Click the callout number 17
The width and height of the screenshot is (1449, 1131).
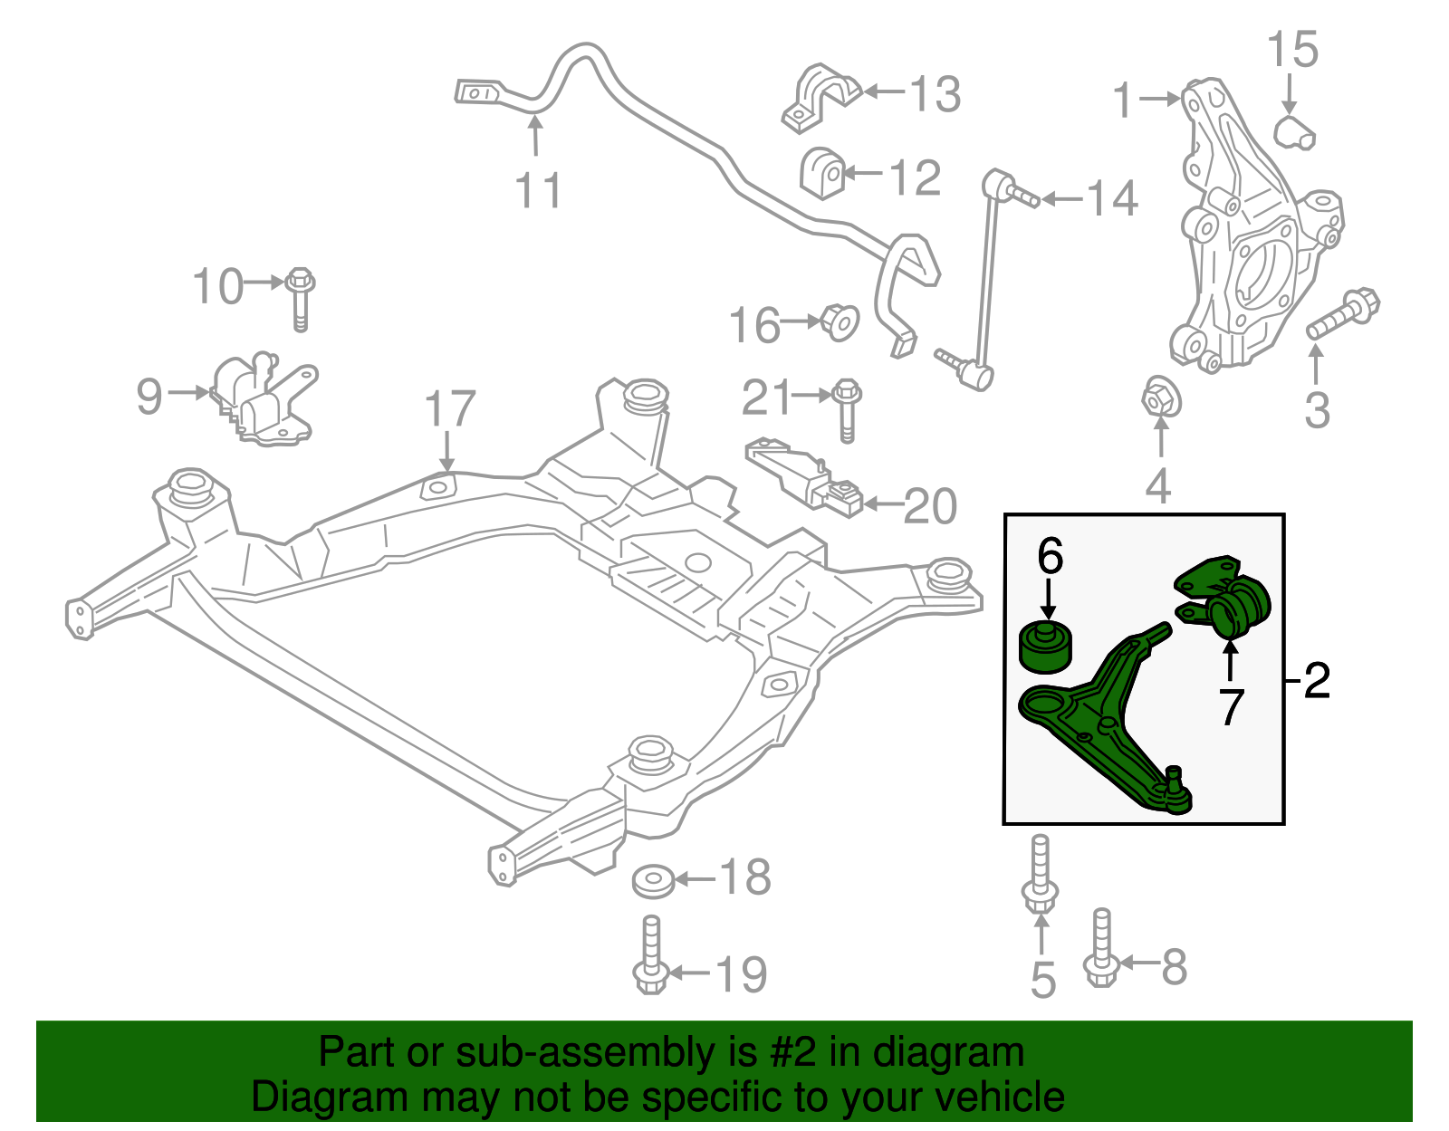click(450, 409)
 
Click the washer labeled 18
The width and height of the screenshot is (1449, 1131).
click(652, 880)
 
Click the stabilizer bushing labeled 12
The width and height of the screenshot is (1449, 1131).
click(823, 173)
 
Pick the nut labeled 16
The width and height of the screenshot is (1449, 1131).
click(840, 321)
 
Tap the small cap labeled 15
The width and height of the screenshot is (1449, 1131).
click(1294, 132)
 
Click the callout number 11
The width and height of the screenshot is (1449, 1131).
click(538, 191)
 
